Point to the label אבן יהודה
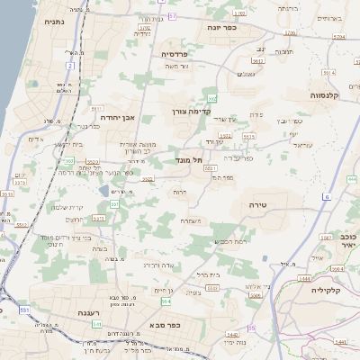117,117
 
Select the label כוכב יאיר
348,238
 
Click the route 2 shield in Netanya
69,66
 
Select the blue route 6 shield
326,196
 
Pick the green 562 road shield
212,98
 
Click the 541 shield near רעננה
22,310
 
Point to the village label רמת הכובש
230,240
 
